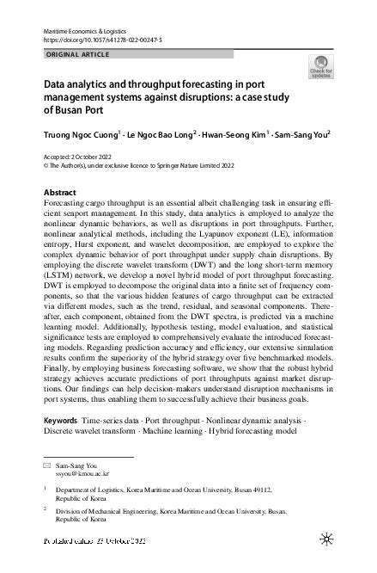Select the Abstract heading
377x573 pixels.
click(x=59, y=192)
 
